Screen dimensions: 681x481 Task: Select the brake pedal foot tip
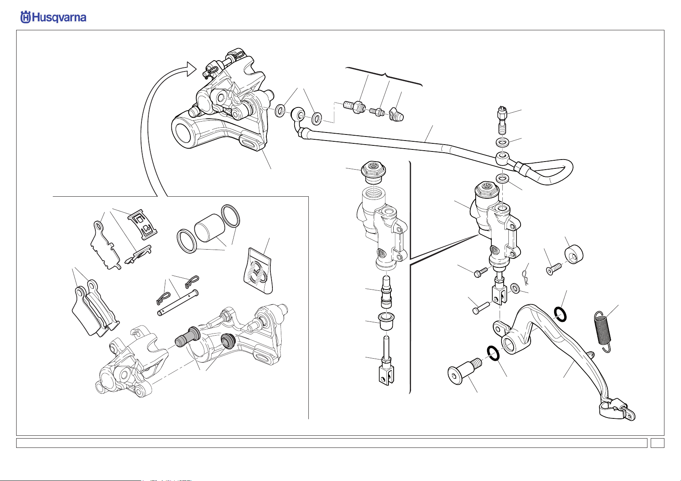[x=617, y=410]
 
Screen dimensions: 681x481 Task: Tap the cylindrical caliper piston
[x=209, y=228]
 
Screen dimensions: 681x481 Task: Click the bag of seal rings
[x=258, y=271]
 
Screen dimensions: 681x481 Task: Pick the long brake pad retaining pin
[x=178, y=303]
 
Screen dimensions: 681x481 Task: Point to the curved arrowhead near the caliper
[x=192, y=69]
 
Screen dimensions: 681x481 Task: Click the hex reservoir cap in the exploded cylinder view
[x=373, y=172]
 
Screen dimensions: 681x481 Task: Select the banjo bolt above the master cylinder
[x=502, y=120]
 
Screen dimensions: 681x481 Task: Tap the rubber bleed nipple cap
[x=396, y=115]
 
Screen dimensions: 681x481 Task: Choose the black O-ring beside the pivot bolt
[x=493, y=353]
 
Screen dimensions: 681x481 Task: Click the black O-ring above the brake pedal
[x=560, y=314]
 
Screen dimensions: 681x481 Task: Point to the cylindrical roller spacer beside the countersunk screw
[x=573, y=254]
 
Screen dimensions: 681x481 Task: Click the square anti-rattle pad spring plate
[x=143, y=224]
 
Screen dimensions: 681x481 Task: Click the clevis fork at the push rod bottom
[x=387, y=376]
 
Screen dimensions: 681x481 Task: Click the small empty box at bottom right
[x=657, y=443]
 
